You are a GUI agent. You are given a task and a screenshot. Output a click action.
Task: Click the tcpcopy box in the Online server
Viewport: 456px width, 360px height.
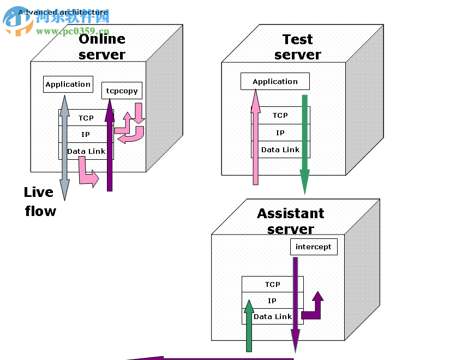pos(122,91)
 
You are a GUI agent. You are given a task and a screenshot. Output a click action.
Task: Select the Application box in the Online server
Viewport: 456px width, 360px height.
pos(68,84)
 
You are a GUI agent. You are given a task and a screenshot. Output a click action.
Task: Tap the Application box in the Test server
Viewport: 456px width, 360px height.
pos(275,81)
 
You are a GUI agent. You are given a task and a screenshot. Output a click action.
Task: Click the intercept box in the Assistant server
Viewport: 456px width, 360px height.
pos(313,247)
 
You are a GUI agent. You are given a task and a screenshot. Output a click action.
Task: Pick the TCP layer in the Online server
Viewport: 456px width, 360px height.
pos(86,118)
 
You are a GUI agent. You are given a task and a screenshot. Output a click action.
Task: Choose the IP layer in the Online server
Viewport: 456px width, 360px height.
pos(86,134)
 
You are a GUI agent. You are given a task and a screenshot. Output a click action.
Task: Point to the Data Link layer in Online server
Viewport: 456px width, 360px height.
pos(86,151)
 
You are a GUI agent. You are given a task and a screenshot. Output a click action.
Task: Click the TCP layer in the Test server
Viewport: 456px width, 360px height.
pos(280,115)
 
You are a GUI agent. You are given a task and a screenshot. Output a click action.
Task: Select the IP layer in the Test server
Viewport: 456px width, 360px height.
pos(280,133)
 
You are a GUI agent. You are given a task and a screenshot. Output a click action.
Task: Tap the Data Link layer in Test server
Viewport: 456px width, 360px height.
pos(280,149)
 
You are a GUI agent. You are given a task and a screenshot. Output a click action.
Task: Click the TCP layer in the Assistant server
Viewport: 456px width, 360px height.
pos(272,284)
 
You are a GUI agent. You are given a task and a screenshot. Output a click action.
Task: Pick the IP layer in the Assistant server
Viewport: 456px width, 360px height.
pos(272,301)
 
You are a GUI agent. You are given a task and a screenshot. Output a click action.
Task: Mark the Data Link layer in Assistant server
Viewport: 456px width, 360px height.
pos(273,316)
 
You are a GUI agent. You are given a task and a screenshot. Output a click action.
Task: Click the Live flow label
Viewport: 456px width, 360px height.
pos(39,201)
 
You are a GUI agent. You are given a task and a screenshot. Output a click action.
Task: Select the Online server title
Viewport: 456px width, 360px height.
pos(102,46)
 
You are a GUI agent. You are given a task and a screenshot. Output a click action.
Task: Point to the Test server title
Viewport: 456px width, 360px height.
pos(298,47)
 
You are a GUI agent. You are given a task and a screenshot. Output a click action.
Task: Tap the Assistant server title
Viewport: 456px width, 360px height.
pos(290,221)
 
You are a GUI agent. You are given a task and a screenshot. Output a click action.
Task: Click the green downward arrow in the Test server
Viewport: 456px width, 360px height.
pos(305,142)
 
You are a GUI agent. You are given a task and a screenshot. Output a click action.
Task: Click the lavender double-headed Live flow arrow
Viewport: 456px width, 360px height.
pos(64,147)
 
